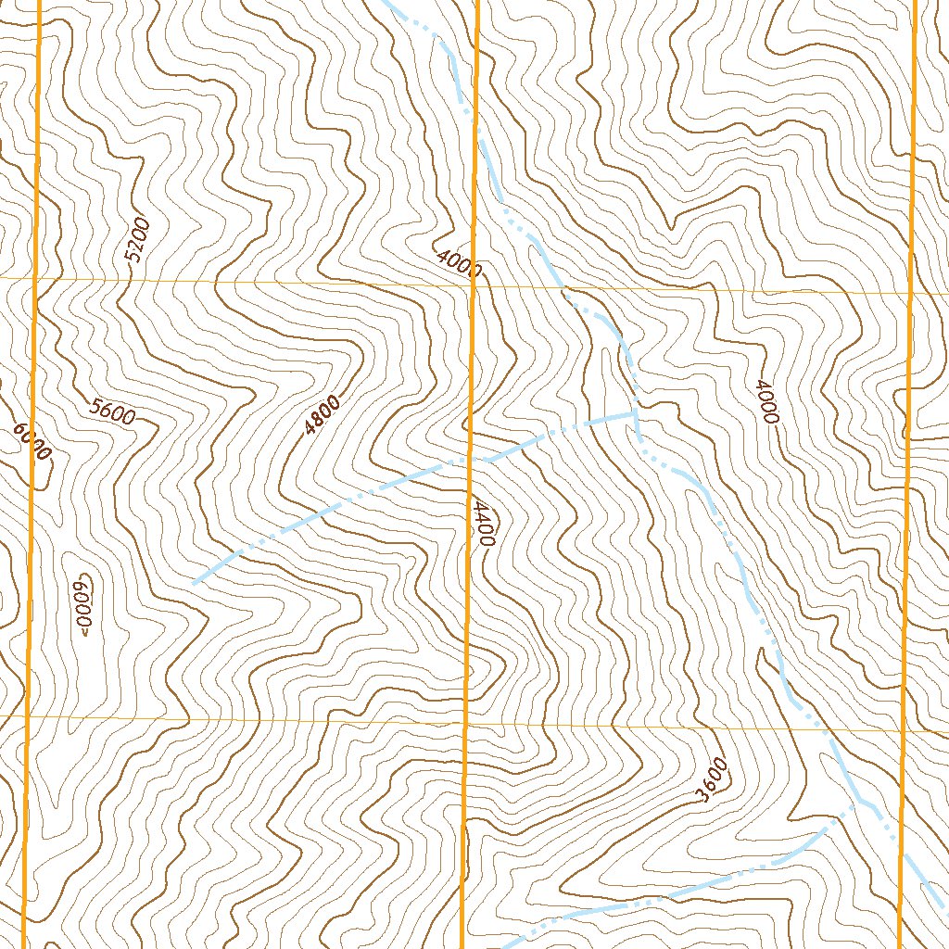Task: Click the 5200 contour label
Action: pyautogui.click(x=135, y=241)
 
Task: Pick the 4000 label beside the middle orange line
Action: pyautogui.click(x=458, y=264)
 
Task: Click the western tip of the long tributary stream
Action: pyautogui.click(x=195, y=581)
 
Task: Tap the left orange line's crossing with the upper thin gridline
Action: pyautogui.click(x=37, y=277)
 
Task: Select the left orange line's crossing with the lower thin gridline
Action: pyautogui.click(x=27, y=716)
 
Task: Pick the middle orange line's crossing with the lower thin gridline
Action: pyautogui.click(x=465, y=723)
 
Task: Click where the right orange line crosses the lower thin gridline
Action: pyautogui.click(x=903, y=730)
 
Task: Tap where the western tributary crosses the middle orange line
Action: pyautogui.click(x=471, y=458)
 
